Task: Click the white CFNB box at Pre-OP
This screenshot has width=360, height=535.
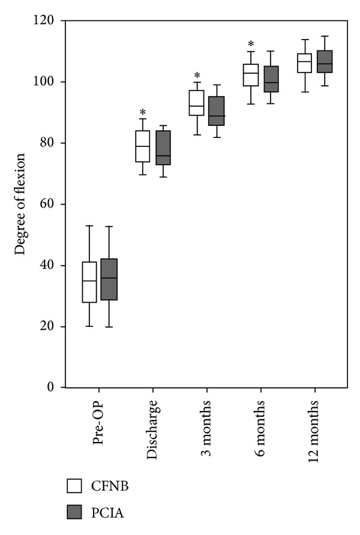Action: pyautogui.click(x=89, y=282)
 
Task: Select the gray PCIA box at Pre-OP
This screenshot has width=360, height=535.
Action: pyautogui.click(x=109, y=279)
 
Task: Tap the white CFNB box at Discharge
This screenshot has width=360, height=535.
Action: pyautogui.click(x=143, y=146)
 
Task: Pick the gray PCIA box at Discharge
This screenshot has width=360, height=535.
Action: pyautogui.click(x=163, y=148)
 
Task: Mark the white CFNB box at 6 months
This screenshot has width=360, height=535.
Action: pyautogui.click(x=250, y=75)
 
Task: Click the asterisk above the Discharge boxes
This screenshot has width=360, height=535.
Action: pyautogui.click(x=143, y=113)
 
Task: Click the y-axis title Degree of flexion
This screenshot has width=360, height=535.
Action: pyautogui.click(x=21, y=204)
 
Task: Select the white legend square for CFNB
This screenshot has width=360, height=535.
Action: pyautogui.click(x=74, y=486)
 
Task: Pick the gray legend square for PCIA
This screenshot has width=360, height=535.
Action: pyautogui.click(x=74, y=513)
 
